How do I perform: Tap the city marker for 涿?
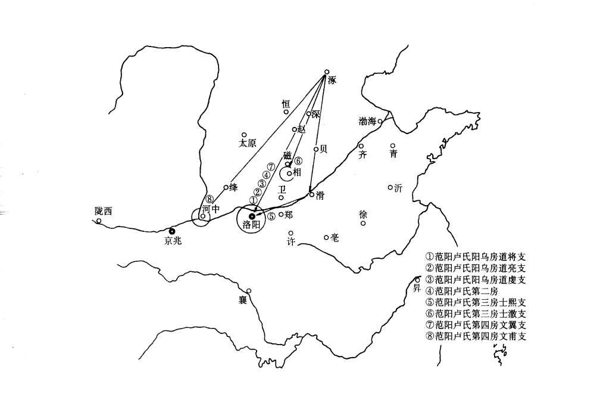point(326,73)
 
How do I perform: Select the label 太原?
point(247,144)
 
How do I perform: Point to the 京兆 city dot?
point(172,230)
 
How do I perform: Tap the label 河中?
point(211,209)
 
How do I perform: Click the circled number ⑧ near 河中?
point(210,200)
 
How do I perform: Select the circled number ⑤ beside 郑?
point(271,216)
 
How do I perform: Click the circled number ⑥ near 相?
point(298,160)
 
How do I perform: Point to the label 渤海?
point(367,121)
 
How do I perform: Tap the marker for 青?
point(393,145)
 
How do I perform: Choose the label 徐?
point(363,214)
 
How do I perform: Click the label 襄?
point(243,300)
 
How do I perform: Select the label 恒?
point(286,103)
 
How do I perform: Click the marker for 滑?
point(311,194)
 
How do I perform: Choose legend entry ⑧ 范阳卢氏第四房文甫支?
point(481,336)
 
